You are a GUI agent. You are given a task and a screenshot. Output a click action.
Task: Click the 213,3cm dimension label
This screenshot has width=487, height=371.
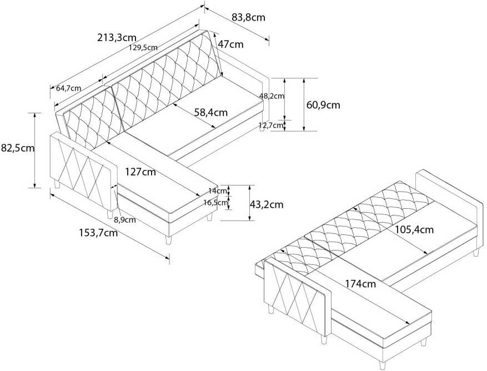[x=117, y=38]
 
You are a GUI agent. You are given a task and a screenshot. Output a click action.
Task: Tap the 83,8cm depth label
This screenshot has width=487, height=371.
[x=248, y=17]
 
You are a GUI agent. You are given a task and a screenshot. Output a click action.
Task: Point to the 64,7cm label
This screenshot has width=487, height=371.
[x=69, y=88]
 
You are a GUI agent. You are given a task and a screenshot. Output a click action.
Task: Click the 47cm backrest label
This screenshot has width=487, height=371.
[x=230, y=44]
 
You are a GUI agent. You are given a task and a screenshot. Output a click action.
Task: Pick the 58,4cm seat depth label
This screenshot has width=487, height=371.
[x=211, y=112]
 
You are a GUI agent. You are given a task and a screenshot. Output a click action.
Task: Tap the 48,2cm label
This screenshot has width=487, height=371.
[x=272, y=96]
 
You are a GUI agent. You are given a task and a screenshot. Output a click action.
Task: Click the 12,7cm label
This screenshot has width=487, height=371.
[x=272, y=126]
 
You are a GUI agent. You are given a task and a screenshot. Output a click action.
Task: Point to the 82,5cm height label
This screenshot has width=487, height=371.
[x=17, y=148]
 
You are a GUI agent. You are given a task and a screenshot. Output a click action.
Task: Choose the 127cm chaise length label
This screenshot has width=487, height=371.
[x=140, y=172]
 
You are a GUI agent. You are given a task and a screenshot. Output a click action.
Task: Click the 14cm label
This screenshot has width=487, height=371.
[x=222, y=191]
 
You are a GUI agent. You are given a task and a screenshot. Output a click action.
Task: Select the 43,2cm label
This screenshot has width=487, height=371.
[x=267, y=204]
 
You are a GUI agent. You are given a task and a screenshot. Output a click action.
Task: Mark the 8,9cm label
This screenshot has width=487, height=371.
[x=124, y=219]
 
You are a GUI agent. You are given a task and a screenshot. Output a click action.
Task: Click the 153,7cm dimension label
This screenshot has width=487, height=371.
[x=97, y=233]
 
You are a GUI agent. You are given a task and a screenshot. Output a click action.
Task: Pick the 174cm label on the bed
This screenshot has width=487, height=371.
[x=360, y=284]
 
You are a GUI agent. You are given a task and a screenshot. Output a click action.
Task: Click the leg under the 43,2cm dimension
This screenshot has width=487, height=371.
[x=210, y=217]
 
